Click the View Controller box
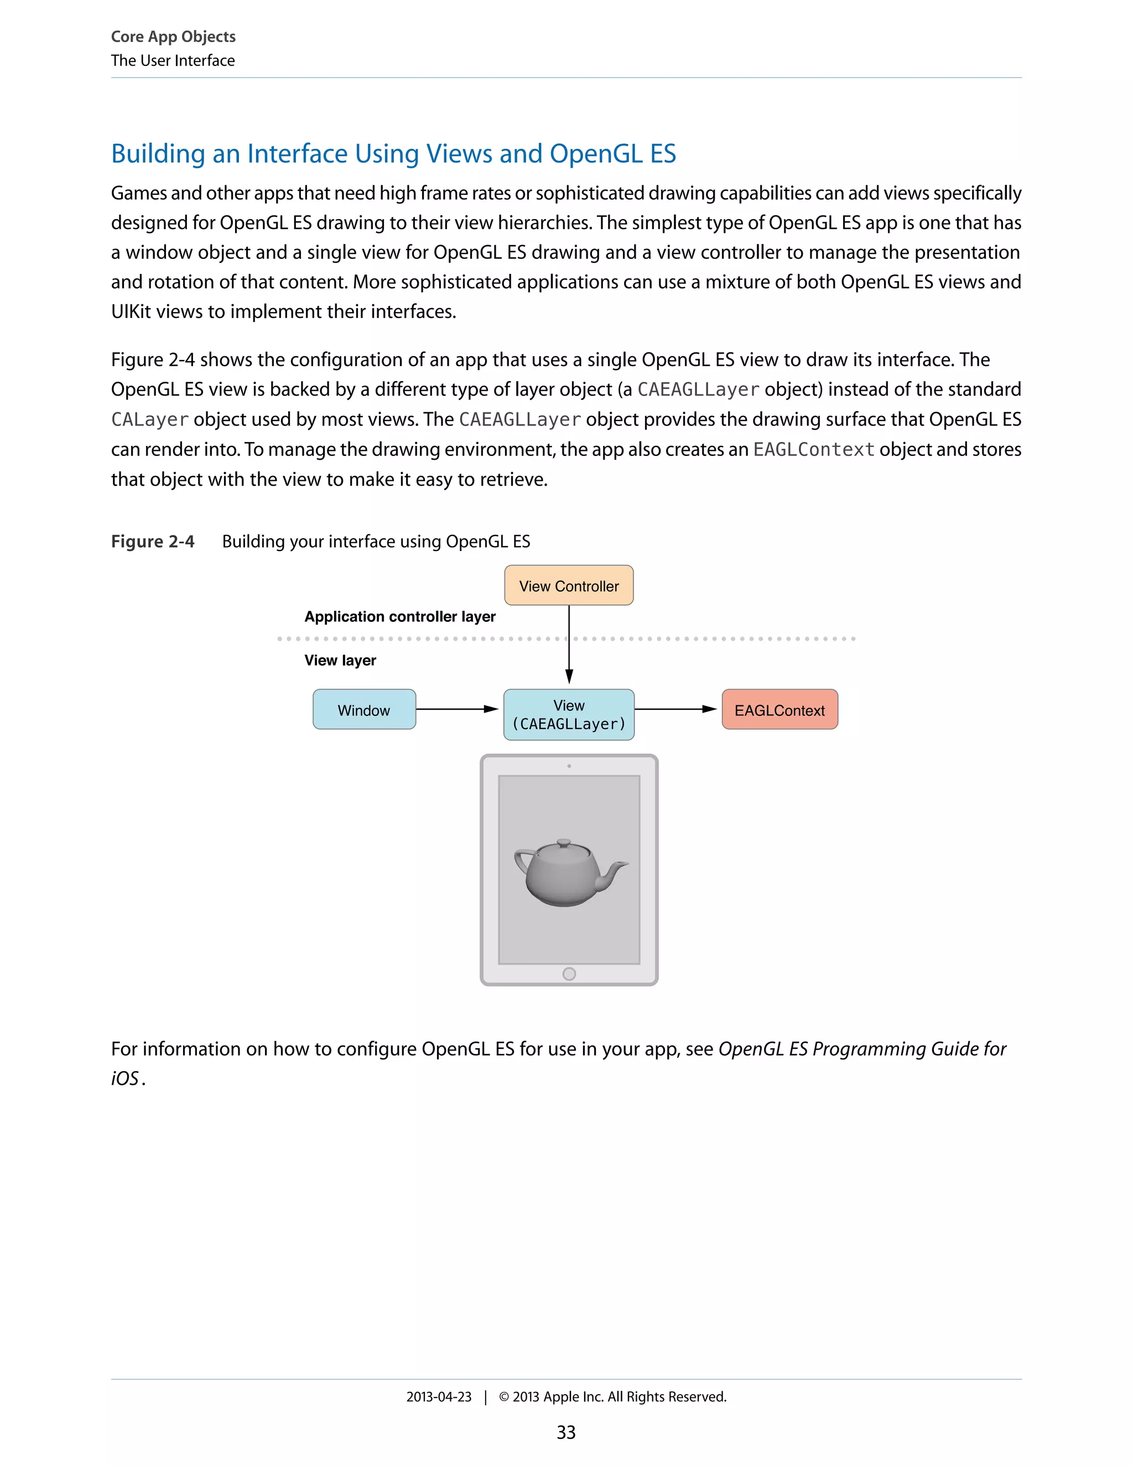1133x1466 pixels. (569, 585)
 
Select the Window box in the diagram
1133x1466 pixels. (364, 710)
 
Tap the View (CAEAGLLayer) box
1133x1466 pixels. (569, 715)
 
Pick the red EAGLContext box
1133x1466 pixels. (779, 710)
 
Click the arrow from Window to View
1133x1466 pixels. (456, 709)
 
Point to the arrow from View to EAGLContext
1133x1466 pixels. (674, 709)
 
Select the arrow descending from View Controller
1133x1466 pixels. (569, 644)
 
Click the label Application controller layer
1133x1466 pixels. (400, 616)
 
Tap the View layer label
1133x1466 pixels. (340, 660)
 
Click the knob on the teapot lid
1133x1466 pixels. (564, 842)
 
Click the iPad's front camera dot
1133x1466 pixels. (569, 766)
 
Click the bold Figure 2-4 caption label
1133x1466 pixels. (152, 541)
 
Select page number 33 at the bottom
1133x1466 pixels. (566, 1432)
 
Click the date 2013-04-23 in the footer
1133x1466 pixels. (438, 1396)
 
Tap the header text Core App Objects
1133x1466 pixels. (173, 37)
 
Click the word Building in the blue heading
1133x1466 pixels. (158, 154)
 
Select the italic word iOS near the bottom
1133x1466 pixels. (125, 1079)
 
